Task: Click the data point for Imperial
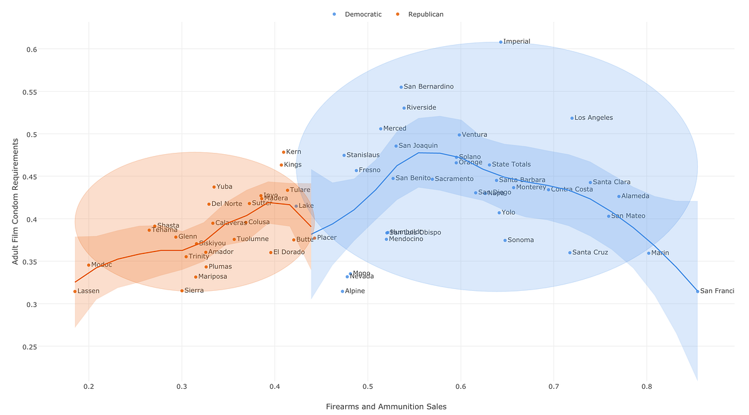click(x=501, y=42)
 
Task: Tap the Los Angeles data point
click(x=572, y=118)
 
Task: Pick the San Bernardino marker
click(x=401, y=87)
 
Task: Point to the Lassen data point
click(x=75, y=291)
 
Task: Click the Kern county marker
click(x=283, y=152)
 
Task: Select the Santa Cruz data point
click(x=570, y=253)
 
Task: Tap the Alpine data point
click(x=343, y=291)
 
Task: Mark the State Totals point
click(x=489, y=165)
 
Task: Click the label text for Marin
click(x=660, y=253)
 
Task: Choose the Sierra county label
click(x=194, y=291)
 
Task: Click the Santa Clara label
click(x=612, y=182)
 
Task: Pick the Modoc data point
click(x=89, y=265)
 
